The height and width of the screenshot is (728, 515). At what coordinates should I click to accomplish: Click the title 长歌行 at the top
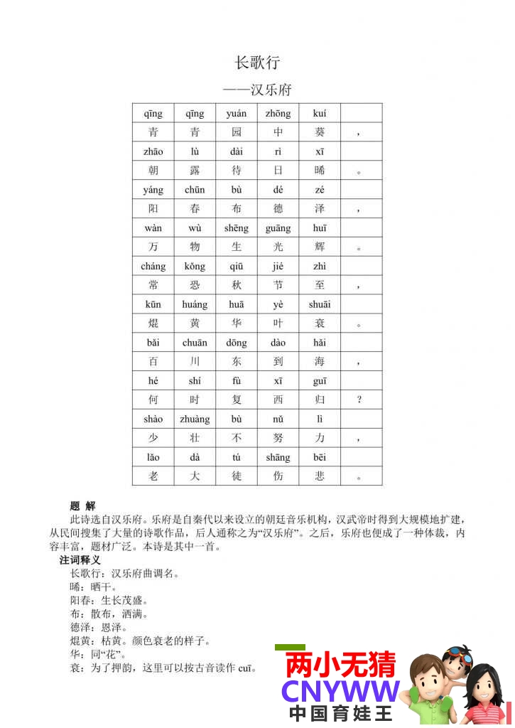coord(257,63)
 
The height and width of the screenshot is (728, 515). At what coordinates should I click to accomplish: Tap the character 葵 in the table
coord(320,132)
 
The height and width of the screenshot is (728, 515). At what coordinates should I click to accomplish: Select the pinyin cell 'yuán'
coord(237,113)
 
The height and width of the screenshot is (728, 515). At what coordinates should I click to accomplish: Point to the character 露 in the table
coord(195,171)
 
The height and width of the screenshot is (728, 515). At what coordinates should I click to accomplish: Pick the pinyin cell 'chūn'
coord(195,190)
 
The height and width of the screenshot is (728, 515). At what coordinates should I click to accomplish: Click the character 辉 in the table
coord(320,247)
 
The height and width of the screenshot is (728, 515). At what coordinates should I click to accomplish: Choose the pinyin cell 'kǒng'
coord(195,267)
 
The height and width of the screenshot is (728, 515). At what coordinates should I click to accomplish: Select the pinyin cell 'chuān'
coord(195,343)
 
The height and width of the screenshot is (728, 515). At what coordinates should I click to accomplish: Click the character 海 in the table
coord(320,362)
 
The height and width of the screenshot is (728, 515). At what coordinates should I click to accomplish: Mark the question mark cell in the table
coord(359,400)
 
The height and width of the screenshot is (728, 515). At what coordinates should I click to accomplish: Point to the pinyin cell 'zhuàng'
coord(195,419)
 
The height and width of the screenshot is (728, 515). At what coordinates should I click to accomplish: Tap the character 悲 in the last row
coord(320,476)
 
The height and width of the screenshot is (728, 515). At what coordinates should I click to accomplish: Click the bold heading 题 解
coord(82,506)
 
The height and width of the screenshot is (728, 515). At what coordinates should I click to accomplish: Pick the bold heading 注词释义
coord(80,560)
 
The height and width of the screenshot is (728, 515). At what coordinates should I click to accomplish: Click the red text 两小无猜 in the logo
coord(340,665)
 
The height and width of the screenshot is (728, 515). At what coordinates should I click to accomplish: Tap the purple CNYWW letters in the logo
coord(340,692)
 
